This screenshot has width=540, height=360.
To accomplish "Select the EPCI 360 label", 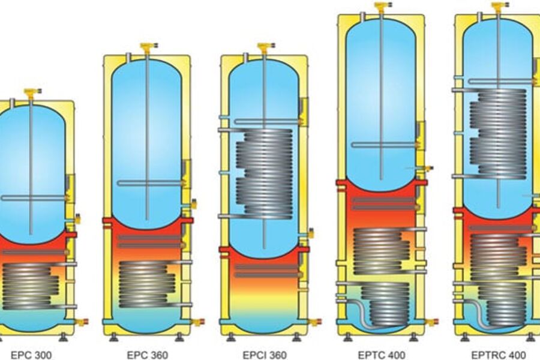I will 265,355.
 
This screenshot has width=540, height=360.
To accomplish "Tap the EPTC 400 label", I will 382,355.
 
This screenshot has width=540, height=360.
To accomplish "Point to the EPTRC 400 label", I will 499,355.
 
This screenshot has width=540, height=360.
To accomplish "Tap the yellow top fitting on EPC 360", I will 147,46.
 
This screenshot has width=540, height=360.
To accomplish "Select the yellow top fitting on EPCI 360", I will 265,46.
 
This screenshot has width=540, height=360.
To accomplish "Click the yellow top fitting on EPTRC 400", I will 499,7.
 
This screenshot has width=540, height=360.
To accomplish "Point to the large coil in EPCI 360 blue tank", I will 264,174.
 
